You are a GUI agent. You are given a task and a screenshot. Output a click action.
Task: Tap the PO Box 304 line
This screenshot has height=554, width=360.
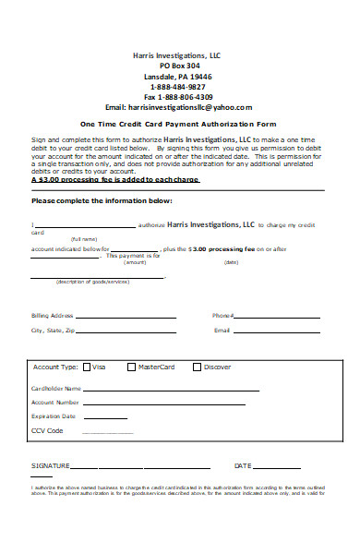[179, 66]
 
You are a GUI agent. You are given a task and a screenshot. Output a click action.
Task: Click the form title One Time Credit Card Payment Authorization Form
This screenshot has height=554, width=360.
[178, 123]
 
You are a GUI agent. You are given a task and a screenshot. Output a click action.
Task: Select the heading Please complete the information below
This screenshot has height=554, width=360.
[102, 199]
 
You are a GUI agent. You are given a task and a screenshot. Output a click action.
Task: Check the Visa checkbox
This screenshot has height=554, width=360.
[87, 367]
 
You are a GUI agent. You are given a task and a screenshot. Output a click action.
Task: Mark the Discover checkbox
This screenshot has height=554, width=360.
[197, 367]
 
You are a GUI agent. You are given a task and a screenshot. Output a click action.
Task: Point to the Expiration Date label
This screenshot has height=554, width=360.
[54, 416]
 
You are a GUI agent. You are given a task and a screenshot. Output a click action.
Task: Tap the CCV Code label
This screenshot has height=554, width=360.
[48, 430]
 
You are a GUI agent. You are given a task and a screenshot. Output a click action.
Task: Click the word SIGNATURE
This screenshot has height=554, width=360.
[50, 465]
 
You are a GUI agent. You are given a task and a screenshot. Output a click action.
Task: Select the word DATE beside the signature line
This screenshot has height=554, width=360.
[243, 465]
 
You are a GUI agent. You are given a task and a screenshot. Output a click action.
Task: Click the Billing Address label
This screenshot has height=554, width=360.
[53, 316]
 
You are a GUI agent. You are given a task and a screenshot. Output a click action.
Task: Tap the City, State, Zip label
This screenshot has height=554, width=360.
[54, 330]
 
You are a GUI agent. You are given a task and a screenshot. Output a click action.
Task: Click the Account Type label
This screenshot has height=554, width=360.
[55, 367]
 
